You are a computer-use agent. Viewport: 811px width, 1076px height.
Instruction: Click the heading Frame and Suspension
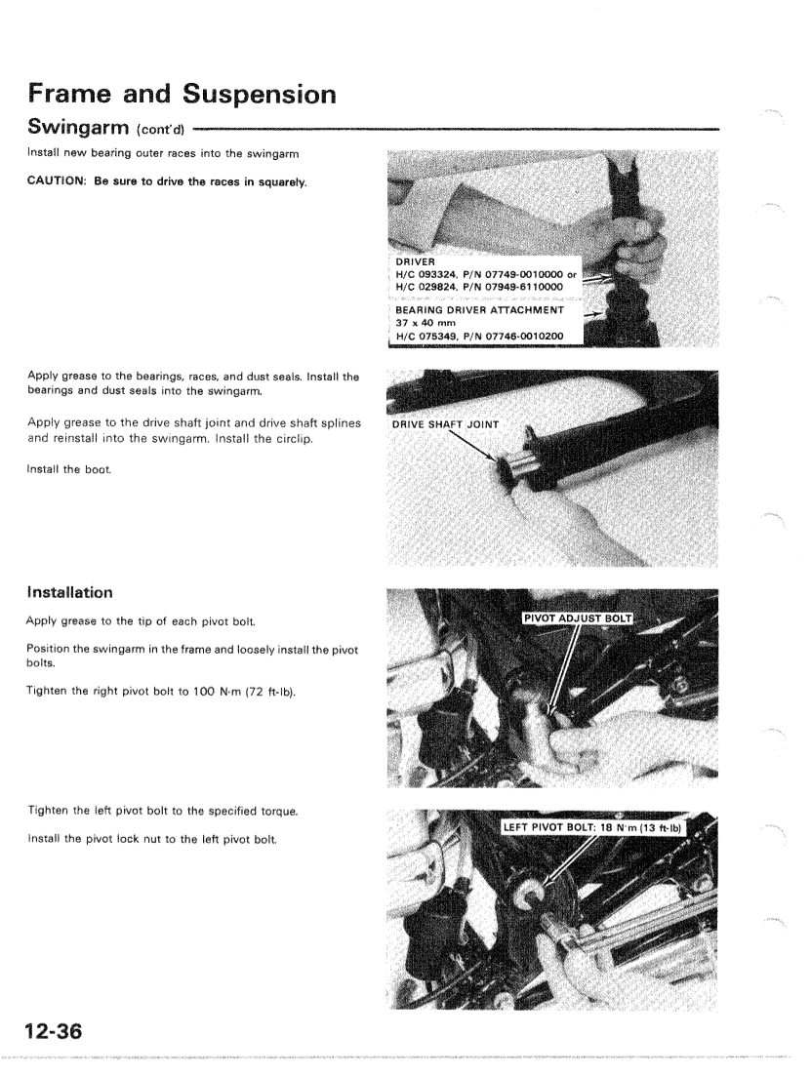[x=182, y=95]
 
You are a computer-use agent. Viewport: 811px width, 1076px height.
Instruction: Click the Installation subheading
[x=69, y=592]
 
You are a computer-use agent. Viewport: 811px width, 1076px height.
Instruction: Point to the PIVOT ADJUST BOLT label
[x=578, y=618]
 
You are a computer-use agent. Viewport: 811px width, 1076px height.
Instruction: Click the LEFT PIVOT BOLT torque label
[x=595, y=830]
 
